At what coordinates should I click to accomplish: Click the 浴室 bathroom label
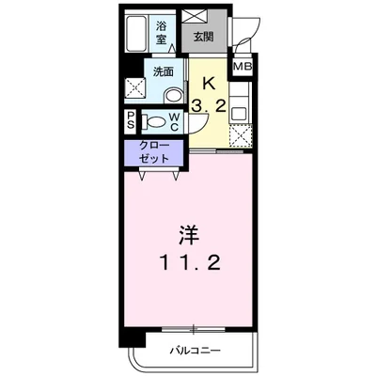[162, 33]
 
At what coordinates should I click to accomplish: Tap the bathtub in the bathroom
[137, 35]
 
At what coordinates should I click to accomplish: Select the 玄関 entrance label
[204, 38]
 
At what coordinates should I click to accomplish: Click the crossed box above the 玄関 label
[201, 16]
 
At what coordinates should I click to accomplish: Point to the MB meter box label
[243, 68]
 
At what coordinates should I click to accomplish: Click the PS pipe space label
[131, 120]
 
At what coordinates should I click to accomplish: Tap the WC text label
[176, 120]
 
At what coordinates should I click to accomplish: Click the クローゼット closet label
[156, 151]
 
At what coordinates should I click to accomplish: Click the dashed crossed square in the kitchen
[240, 136]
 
